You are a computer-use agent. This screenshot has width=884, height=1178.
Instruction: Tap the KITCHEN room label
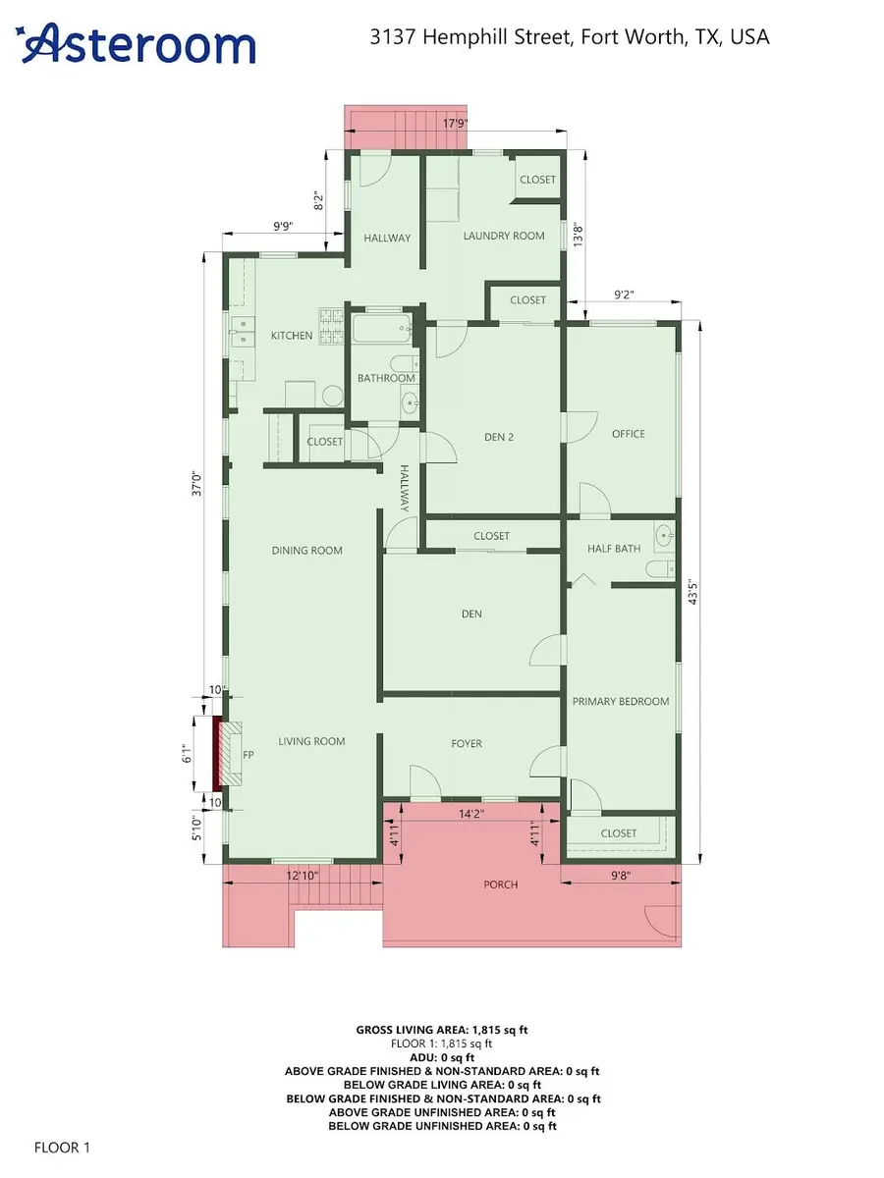[292, 336]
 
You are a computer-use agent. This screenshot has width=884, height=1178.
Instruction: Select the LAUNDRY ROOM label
[503, 236]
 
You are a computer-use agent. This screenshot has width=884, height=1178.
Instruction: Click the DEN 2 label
[499, 438]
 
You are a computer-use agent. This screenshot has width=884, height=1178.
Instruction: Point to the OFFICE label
[628, 434]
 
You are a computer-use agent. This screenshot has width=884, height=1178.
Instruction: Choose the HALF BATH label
[613, 549]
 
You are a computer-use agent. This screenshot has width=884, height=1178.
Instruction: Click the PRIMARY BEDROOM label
[621, 701]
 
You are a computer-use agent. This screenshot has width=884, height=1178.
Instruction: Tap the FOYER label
[467, 743]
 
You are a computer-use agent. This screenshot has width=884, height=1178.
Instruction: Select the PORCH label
[501, 884]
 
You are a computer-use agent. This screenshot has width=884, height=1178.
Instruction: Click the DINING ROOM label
[307, 551]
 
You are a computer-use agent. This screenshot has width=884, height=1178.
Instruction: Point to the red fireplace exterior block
[216, 753]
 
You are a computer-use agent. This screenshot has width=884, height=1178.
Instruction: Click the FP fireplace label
[248, 756]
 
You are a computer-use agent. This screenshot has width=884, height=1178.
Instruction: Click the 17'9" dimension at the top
[454, 124]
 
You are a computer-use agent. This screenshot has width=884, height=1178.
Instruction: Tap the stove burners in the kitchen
[328, 326]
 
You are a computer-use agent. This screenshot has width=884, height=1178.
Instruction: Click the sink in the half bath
[664, 537]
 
